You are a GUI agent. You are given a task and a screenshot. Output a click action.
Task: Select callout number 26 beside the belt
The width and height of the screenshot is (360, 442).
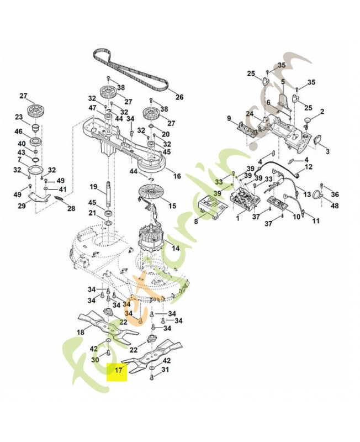pos(179,97)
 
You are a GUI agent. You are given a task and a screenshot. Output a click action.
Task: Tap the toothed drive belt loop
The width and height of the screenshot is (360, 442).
pos(133,71)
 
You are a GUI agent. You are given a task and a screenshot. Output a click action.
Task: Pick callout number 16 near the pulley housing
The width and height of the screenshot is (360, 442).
pos(177,176)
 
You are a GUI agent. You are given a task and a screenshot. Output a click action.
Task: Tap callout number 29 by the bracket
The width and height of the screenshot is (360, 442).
pos(22,206)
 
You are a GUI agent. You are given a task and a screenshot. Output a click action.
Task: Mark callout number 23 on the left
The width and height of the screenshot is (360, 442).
pos(19,117)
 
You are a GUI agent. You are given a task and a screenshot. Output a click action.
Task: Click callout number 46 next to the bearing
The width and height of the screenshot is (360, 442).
pos(18,132)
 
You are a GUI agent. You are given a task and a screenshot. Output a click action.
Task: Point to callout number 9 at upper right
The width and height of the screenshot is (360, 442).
pos(229,118)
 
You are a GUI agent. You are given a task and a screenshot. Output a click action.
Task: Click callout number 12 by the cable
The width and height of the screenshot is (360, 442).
pos(309,166)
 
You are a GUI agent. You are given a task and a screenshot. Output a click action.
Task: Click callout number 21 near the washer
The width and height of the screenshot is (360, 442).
pos(93,214)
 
